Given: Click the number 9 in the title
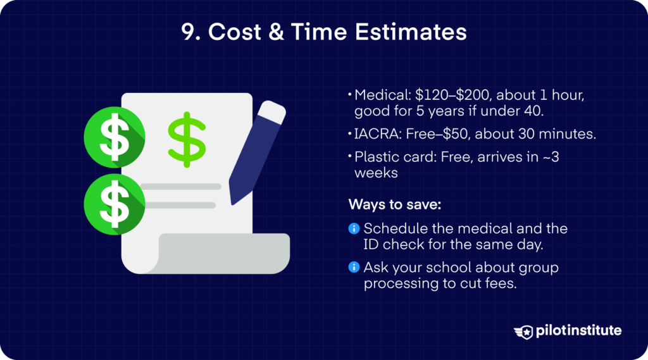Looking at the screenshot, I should click(x=188, y=32).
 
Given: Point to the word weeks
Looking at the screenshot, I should click(x=375, y=172).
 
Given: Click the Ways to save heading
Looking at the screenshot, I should click(x=388, y=204).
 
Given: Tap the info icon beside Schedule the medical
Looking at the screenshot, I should click(x=354, y=228).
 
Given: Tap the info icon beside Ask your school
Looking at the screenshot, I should click(x=354, y=268).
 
